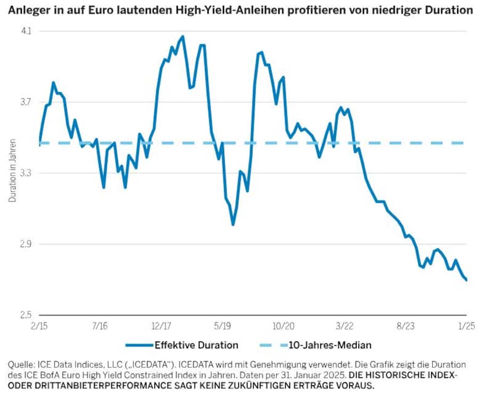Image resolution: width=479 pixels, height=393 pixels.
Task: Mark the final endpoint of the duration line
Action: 467,280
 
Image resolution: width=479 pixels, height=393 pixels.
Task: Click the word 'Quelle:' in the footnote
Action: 21,364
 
